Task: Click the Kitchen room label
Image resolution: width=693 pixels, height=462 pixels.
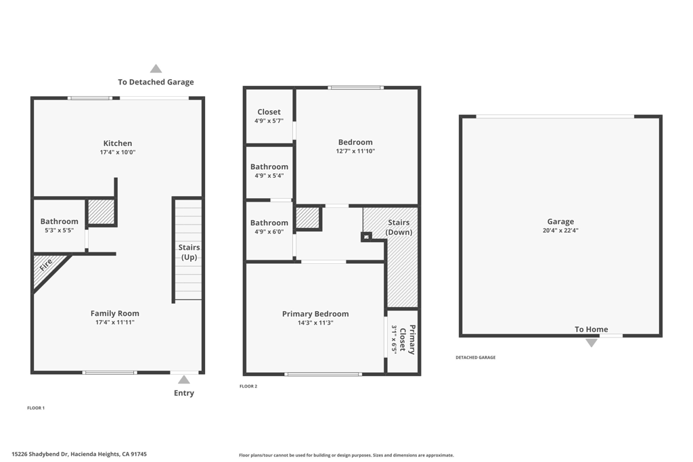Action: [x=118, y=143]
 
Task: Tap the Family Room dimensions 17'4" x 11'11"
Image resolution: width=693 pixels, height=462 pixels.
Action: [x=115, y=323]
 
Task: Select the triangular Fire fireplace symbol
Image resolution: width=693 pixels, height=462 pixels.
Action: [x=46, y=267]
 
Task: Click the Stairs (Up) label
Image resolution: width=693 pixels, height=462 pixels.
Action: [x=189, y=252]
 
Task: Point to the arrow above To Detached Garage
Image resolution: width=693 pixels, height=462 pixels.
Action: [x=156, y=68]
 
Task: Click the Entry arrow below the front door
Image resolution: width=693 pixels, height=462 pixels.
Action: [x=184, y=379]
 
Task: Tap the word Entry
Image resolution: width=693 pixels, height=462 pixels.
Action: [x=184, y=393]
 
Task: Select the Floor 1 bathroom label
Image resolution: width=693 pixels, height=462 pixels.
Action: [x=59, y=221]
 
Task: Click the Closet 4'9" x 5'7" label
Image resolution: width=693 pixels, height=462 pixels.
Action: [x=269, y=112]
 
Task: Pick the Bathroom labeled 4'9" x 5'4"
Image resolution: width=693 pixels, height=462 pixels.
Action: [x=269, y=167]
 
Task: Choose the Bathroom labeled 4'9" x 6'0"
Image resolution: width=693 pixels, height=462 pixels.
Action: [x=269, y=223]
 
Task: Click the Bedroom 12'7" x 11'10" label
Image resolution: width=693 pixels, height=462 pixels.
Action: [x=355, y=142]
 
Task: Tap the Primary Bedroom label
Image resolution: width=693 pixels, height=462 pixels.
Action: [x=315, y=314]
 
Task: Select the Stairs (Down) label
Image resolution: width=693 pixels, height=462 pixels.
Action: [x=399, y=227]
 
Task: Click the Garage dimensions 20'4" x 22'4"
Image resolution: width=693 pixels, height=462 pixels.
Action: [x=560, y=231]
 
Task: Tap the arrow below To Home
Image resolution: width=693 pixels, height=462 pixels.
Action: [x=591, y=343]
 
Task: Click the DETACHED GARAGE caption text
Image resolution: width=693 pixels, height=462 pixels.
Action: [x=475, y=358]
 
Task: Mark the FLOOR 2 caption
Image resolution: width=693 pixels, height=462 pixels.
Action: [x=248, y=386]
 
